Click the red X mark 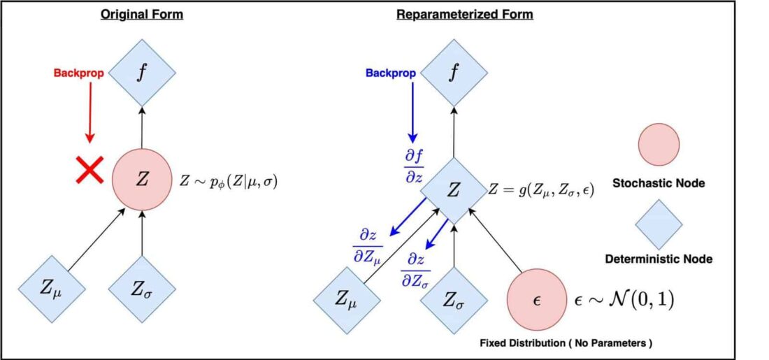coord(89,170)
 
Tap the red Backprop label coord(79,74)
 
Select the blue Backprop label coord(391,73)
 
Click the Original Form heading coord(142,15)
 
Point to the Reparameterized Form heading coord(464,15)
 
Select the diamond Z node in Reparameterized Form coord(454,191)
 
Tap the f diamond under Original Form coord(142,73)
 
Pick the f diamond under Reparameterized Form coord(454,73)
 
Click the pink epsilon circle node coord(536,300)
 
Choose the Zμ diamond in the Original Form coord(52,289)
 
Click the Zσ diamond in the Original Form coord(142,289)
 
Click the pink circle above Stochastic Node coord(659,144)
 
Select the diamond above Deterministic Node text coord(659,224)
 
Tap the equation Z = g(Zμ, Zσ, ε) coord(541,190)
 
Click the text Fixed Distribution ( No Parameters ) coord(566,343)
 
